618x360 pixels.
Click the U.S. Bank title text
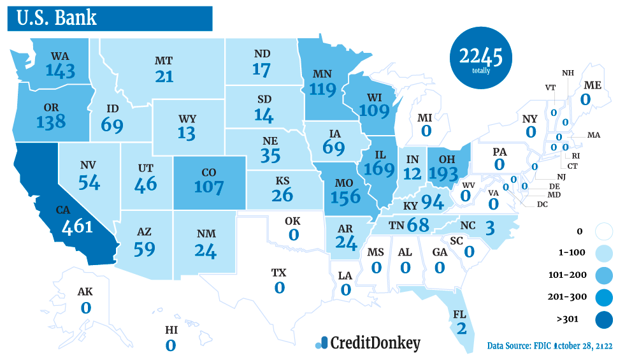[57, 17]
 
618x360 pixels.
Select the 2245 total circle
[481, 60]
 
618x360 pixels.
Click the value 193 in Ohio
[448, 173]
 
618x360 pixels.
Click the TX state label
[279, 273]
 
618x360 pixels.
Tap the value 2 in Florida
[461, 329]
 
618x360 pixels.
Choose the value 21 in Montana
[164, 76]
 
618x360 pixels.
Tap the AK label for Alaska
[85, 292]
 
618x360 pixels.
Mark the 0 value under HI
[171, 345]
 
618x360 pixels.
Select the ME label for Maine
[592, 85]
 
